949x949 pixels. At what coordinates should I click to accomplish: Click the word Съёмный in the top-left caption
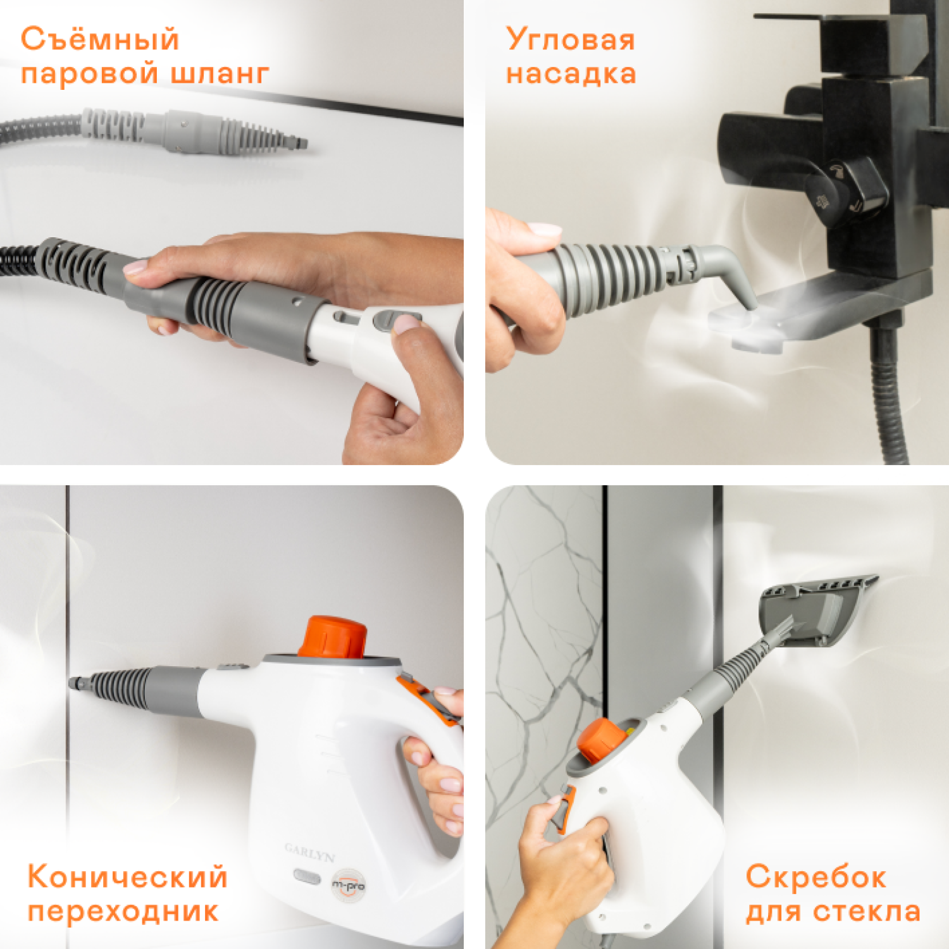coord(100,39)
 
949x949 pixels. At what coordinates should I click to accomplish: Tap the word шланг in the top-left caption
coord(220,73)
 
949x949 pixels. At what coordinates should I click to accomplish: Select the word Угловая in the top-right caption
coord(570,39)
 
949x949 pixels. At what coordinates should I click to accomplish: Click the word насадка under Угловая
coord(571,73)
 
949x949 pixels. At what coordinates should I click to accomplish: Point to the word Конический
coord(127,877)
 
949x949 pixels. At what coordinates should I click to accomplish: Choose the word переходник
coord(123,911)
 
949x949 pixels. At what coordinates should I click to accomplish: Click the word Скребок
coord(816,877)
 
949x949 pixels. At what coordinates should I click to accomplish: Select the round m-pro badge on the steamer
coord(349,885)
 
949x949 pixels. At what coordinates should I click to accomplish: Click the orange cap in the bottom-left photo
coord(333,636)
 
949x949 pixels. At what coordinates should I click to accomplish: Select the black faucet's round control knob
coord(848,190)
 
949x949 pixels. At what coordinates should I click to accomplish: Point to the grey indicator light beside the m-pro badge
coord(307,877)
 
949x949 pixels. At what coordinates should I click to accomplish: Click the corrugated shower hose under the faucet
coord(889,392)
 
